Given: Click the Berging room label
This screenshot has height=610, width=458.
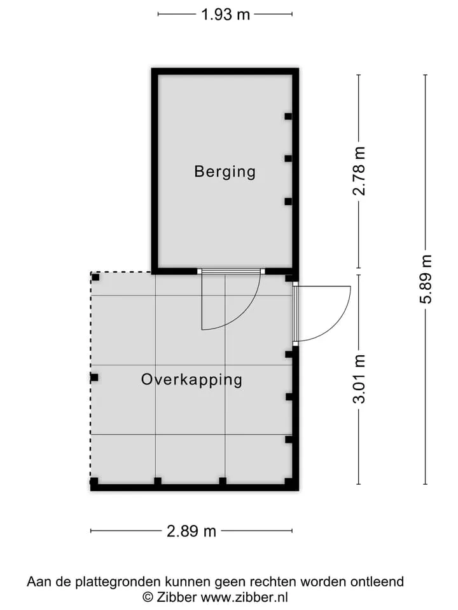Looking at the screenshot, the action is click(225, 172).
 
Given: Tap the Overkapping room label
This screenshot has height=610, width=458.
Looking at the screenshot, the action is click(191, 380).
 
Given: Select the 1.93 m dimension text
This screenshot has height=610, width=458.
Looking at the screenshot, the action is click(225, 15).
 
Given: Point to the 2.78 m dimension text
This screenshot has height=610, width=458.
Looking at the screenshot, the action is click(359, 171).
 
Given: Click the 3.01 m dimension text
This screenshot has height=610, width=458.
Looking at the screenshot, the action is click(359, 379).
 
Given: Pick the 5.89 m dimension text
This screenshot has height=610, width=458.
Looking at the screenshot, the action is click(426, 279).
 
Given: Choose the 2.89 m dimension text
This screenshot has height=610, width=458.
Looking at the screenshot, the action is click(191, 531).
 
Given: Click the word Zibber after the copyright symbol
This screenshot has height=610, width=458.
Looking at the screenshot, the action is click(177, 597).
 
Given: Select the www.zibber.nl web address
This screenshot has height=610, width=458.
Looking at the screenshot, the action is click(244, 597).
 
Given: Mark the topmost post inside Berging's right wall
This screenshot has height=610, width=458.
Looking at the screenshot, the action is click(288, 116).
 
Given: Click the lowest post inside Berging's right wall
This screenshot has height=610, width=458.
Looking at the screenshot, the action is click(288, 201).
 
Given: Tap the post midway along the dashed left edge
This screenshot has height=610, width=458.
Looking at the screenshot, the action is click(94, 377).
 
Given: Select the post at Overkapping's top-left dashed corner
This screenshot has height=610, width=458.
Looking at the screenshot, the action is click(95, 278).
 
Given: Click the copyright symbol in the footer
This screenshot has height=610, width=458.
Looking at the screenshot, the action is click(148, 597).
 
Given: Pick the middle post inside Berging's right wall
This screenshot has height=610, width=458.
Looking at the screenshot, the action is click(288, 158).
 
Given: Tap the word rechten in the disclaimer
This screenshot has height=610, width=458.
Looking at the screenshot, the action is click(274, 581).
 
